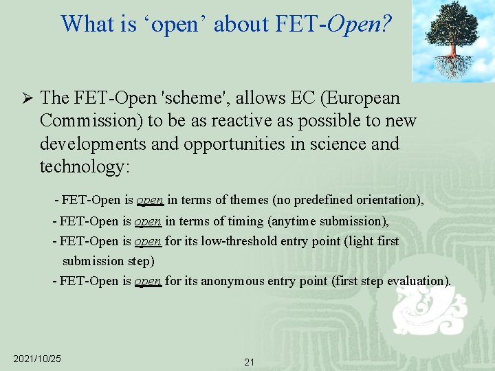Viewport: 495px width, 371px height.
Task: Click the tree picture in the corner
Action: pos(452,41)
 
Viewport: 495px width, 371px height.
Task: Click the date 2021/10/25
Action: pos(37,359)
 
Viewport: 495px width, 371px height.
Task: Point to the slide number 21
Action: pos(249,362)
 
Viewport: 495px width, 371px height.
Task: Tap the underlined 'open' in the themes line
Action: pos(150,200)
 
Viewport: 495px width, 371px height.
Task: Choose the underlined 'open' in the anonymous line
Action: pos(148,280)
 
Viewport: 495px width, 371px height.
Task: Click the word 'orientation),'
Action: pos(387,200)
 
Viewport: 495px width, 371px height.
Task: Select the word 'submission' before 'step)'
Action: pos(93,260)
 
